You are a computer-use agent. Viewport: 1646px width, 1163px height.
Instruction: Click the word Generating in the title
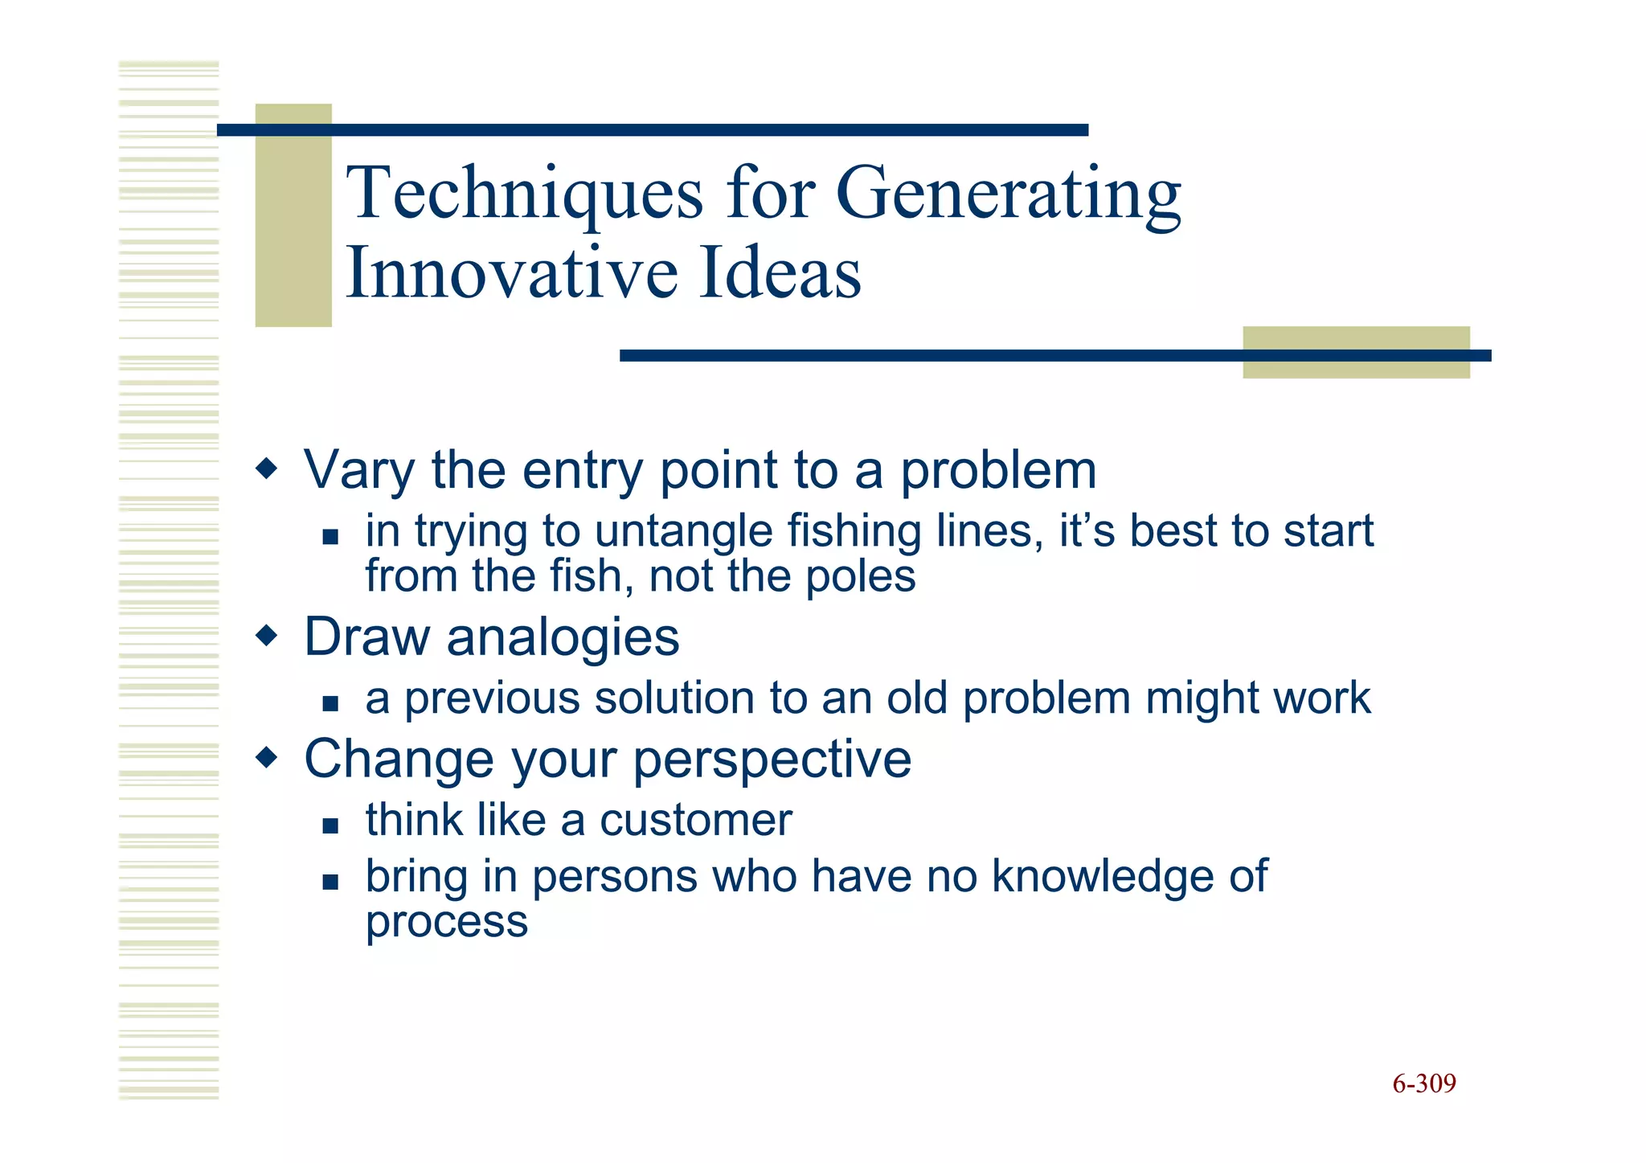pos(1009,195)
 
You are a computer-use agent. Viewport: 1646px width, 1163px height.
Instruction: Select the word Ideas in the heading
pos(780,273)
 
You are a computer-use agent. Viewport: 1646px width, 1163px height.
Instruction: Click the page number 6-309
pos(1423,1083)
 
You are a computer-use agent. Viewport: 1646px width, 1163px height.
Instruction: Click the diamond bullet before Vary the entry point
pos(267,468)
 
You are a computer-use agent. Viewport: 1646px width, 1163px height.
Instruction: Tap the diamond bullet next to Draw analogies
pos(267,637)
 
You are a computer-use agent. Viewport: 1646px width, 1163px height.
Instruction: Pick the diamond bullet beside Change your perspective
pos(267,757)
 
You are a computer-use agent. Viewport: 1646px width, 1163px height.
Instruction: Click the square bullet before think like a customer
pos(330,825)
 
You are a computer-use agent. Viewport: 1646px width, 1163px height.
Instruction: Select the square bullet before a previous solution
pos(330,703)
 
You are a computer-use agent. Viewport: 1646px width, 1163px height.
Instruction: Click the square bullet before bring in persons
pos(330,882)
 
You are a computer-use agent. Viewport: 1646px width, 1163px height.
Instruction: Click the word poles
pos(860,576)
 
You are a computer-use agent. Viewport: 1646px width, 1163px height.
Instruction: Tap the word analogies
pos(563,638)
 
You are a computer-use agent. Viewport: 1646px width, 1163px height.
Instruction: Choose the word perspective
pos(772,760)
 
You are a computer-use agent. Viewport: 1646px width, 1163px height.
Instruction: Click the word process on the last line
pos(447,922)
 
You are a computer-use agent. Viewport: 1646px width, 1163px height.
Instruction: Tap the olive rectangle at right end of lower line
pos(1356,352)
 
